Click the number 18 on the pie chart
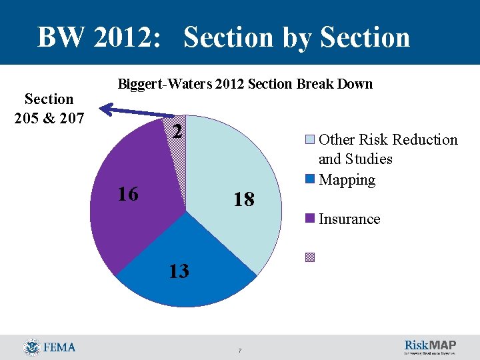tap(244, 199)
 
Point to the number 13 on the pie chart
tap(178, 271)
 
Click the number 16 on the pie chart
tap(127, 194)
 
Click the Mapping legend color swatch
tap(311, 179)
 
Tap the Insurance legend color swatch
tap(311, 219)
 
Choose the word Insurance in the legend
tap(349, 219)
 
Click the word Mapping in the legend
tap(347, 180)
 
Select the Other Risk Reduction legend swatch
tap(311, 140)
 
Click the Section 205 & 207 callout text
tap(49, 109)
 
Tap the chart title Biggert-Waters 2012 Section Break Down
tap(245, 84)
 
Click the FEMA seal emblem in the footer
tap(31, 347)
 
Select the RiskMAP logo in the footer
tap(430, 347)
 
